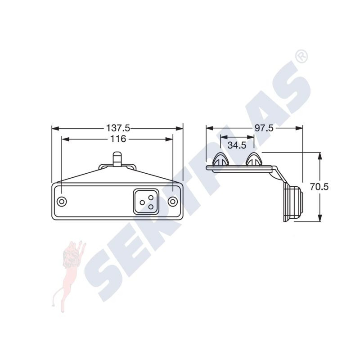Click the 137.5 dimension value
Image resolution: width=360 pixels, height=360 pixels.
tap(118, 128)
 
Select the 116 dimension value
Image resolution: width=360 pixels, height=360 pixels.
tap(118, 139)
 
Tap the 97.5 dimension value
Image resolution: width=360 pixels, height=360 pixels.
tap(264, 128)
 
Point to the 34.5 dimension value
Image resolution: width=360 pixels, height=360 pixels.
tap(237, 145)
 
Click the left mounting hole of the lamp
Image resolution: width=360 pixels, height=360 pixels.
tap(63, 201)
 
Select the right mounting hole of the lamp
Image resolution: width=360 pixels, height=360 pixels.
tap(172, 201)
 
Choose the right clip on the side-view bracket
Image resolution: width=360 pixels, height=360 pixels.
tap(254, 160)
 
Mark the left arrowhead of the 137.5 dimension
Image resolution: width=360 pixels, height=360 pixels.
tap(55, 128)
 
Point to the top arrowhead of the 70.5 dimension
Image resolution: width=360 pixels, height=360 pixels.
tap(320, 156)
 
